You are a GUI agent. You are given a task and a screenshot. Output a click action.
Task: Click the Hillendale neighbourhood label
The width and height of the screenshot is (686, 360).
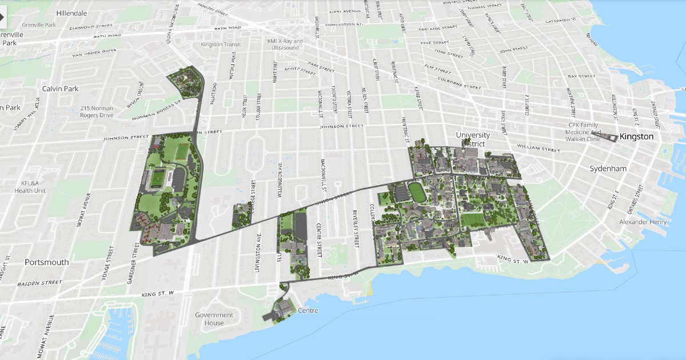point(72,13)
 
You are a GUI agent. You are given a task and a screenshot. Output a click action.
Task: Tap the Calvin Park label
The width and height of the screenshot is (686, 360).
point(60,89)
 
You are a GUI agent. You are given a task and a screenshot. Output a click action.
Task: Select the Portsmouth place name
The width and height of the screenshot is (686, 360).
point(47,262)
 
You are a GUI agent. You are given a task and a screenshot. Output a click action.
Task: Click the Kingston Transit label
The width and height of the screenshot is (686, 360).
point(221,45)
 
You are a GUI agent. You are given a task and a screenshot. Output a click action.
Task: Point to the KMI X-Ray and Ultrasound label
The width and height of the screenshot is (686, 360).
point(285,44)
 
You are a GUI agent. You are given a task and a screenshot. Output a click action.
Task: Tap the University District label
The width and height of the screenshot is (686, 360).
point(473,139)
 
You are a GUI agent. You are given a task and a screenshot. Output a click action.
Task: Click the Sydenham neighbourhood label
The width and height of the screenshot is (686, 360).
point(608,169)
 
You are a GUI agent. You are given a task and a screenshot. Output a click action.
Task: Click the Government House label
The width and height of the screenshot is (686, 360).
point(214,319)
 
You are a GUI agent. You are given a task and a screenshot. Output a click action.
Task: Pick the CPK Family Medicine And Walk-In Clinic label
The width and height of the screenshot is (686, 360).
point(585,131)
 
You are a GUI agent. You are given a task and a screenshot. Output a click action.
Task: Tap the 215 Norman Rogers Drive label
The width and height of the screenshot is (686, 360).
point(97,111)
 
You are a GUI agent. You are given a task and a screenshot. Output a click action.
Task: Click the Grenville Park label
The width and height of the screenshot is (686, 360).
point(39,25)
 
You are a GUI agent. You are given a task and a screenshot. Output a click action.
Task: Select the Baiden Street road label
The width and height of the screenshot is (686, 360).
point(39,283)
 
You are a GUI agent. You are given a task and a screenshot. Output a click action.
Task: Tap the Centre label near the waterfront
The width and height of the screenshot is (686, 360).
point(308,310)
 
